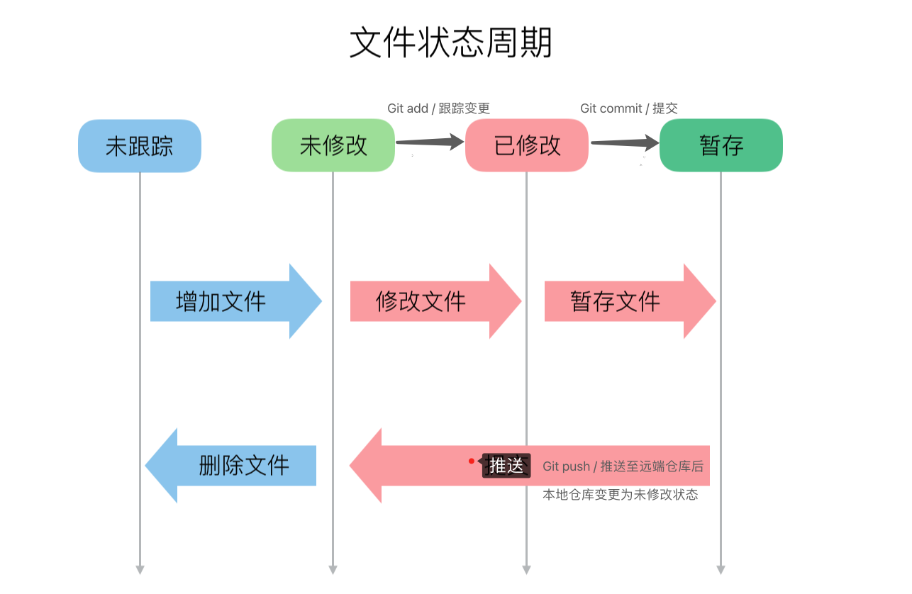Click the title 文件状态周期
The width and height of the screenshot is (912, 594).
point(451,43)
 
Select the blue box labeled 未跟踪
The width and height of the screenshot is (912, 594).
point(140,145)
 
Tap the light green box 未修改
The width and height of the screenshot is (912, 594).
point(333,145)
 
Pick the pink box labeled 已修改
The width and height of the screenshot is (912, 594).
point(527,145)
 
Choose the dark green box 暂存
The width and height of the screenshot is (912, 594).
point(721,145)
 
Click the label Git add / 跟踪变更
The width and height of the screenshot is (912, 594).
point(438,108)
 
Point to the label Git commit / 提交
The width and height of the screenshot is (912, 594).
point(629,108)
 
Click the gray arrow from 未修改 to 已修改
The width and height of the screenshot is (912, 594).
point(430,142)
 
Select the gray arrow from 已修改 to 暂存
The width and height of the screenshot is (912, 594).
point(625,142)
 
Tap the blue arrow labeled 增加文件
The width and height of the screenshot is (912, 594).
point(236,301)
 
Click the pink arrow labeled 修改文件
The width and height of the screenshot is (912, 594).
point(435,301)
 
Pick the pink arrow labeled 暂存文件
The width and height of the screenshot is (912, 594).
point(630,301)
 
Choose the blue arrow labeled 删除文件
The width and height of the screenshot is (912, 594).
point(230,466)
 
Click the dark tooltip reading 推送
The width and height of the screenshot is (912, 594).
point(506,465)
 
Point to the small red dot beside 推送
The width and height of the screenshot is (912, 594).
point(472,461)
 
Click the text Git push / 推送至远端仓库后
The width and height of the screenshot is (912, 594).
point(623,466)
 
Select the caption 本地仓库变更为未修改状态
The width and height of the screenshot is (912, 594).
point(621,495)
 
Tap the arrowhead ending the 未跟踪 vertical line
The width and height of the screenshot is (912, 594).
point(140,570)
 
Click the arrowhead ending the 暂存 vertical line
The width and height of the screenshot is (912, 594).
point(721,570)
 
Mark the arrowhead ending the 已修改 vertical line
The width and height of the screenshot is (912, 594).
point(526,570)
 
